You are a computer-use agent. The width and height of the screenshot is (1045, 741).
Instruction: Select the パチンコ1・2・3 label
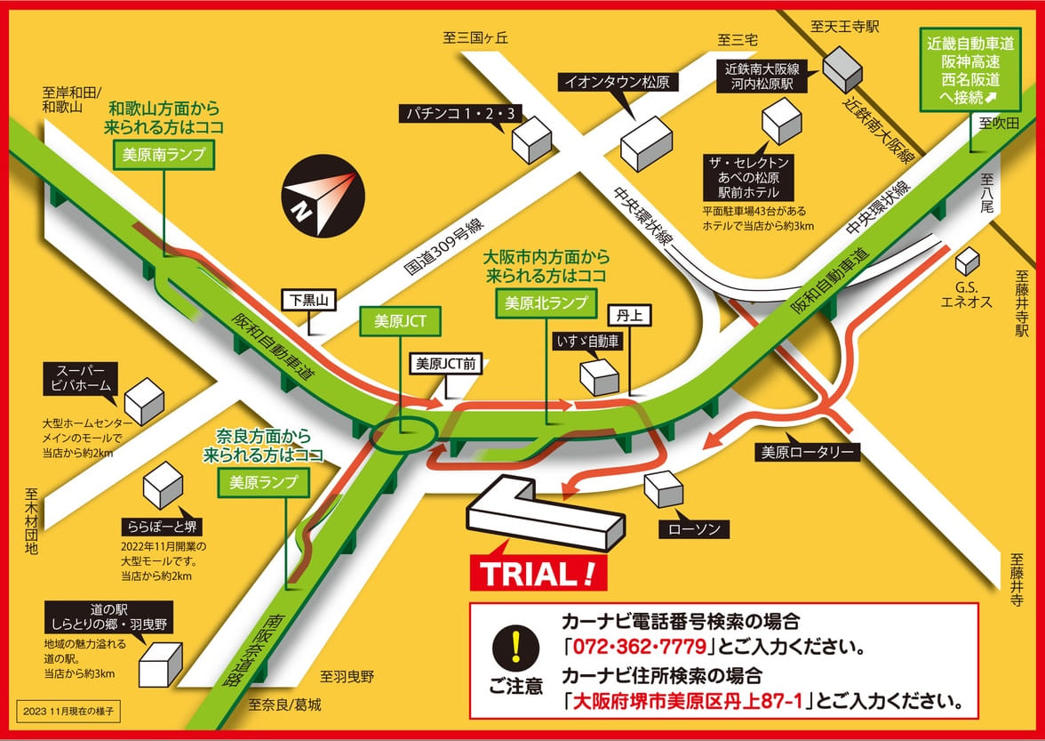point(462,113)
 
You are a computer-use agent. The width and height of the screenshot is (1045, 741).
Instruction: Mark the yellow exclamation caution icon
point(515,647)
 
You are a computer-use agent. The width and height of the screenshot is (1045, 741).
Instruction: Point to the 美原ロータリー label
point(807,452)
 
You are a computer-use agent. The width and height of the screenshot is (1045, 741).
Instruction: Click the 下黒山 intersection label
point(309,301)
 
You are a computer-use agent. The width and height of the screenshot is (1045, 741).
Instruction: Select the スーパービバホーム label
point(82,378)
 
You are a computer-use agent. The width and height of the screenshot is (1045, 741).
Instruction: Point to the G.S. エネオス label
point(966,295)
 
